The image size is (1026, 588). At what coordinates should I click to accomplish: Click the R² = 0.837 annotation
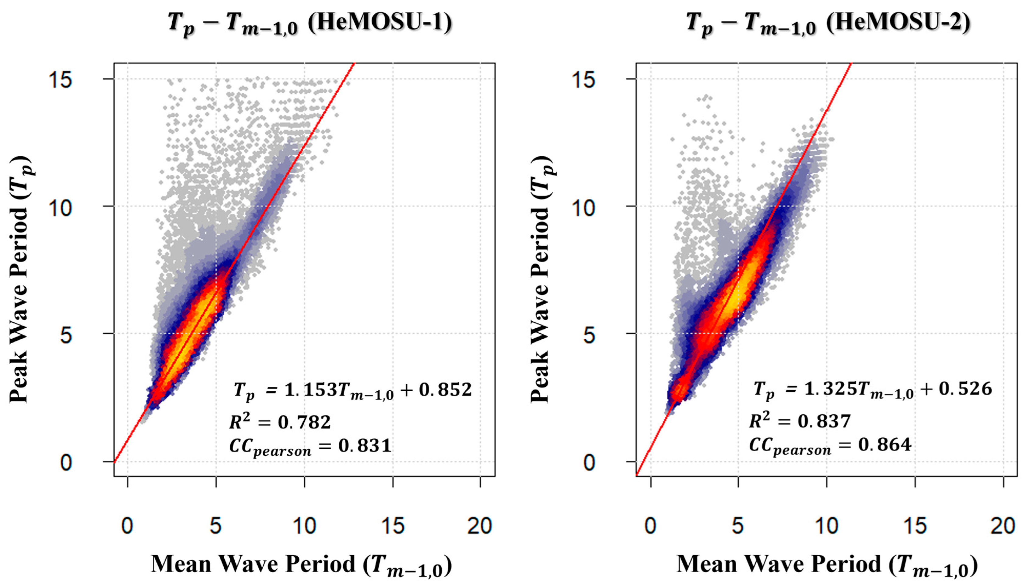click(x=800, y=421)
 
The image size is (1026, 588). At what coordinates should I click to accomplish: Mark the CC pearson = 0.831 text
click(x=310, y=447)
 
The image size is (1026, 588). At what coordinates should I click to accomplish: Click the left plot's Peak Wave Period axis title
click(x=20, y=279)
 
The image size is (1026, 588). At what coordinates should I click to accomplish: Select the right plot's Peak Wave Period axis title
click(x=542, y=279)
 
